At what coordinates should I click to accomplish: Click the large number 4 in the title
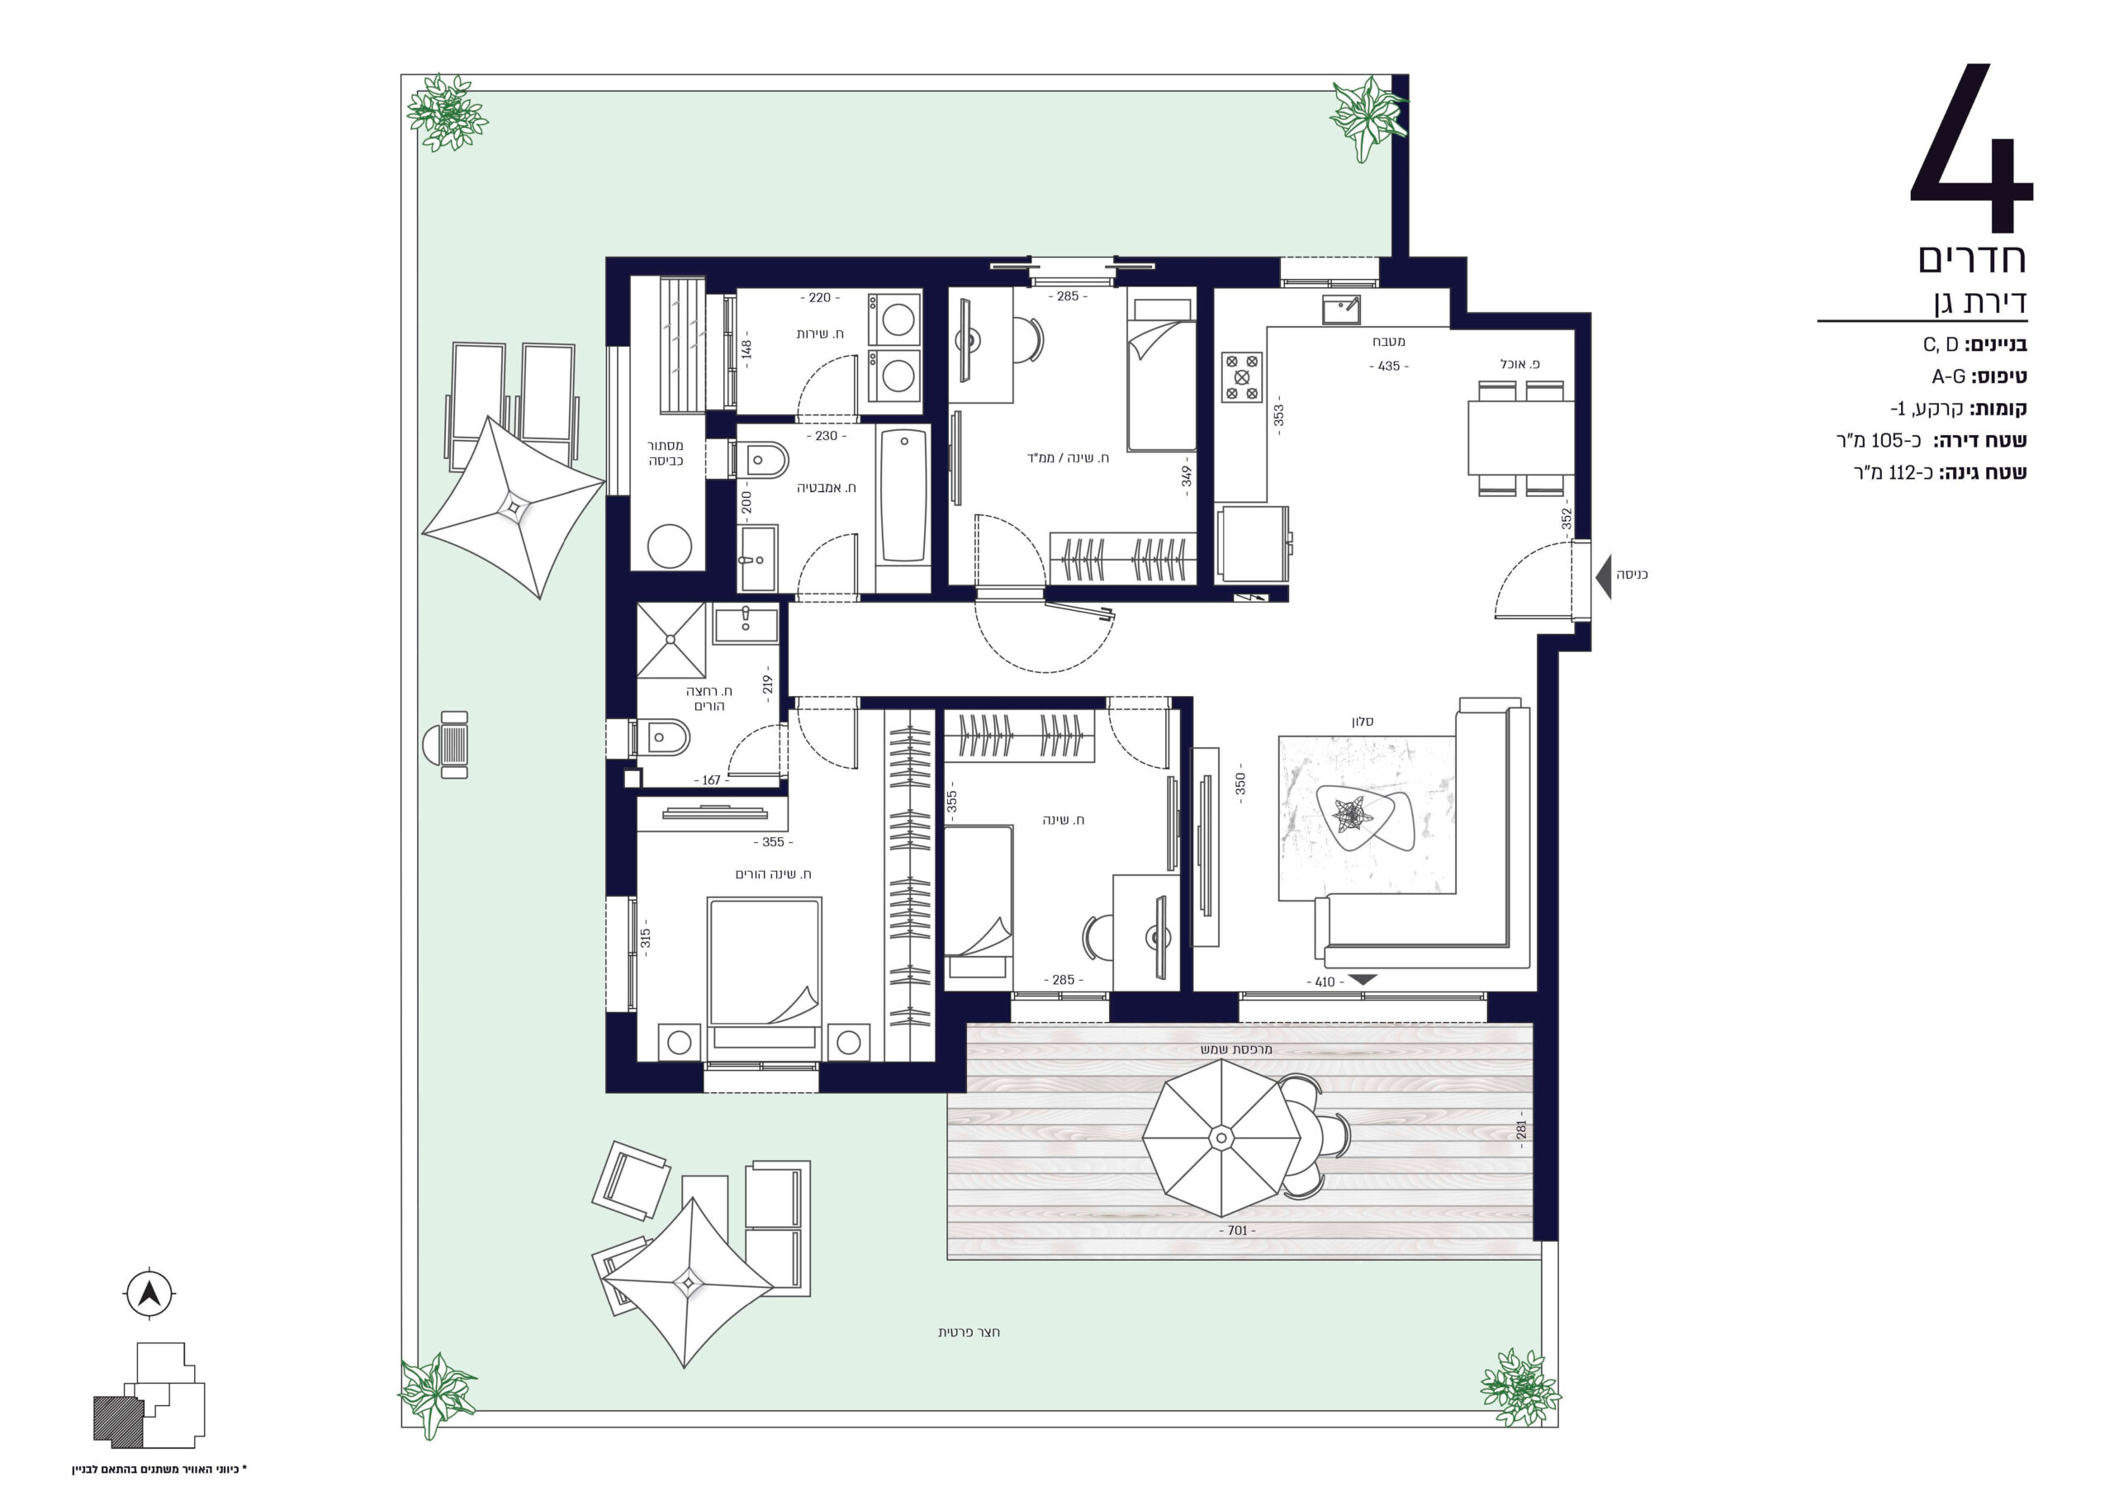pyautogui.click(x=1972, y=149)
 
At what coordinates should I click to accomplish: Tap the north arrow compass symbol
pyautogui.click(x=149, y=1294)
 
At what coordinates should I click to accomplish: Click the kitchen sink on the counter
pyautogui.click(x=1340, y=310)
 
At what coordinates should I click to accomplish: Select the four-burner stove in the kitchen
pyautogui.click(x=1242, y=376)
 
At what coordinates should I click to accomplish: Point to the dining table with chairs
pyautogui.click(x=1519, y=437)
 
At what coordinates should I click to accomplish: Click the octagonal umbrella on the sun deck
pyautogui.click(x=1221, y=1137)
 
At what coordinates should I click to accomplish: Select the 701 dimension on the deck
pyautogui.click(x=1237, y=1230)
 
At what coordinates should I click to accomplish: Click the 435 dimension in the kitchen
pyautogui.click(x=1389, y=367)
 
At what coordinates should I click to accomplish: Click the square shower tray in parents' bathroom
pyautogui.click(x=671, y=640)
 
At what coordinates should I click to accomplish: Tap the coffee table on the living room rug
pyautogui.click(x=1365, y=817)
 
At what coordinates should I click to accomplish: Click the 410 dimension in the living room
pyautogui.click(x=1325, y=982)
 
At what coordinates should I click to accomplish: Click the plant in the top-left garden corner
pyautogui.click(x=448, y=112)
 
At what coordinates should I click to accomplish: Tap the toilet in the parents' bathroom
pyautogui.click(x=661, y=738)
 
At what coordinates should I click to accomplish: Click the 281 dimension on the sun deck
pyautogui.click(x=1522, y=1129)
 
